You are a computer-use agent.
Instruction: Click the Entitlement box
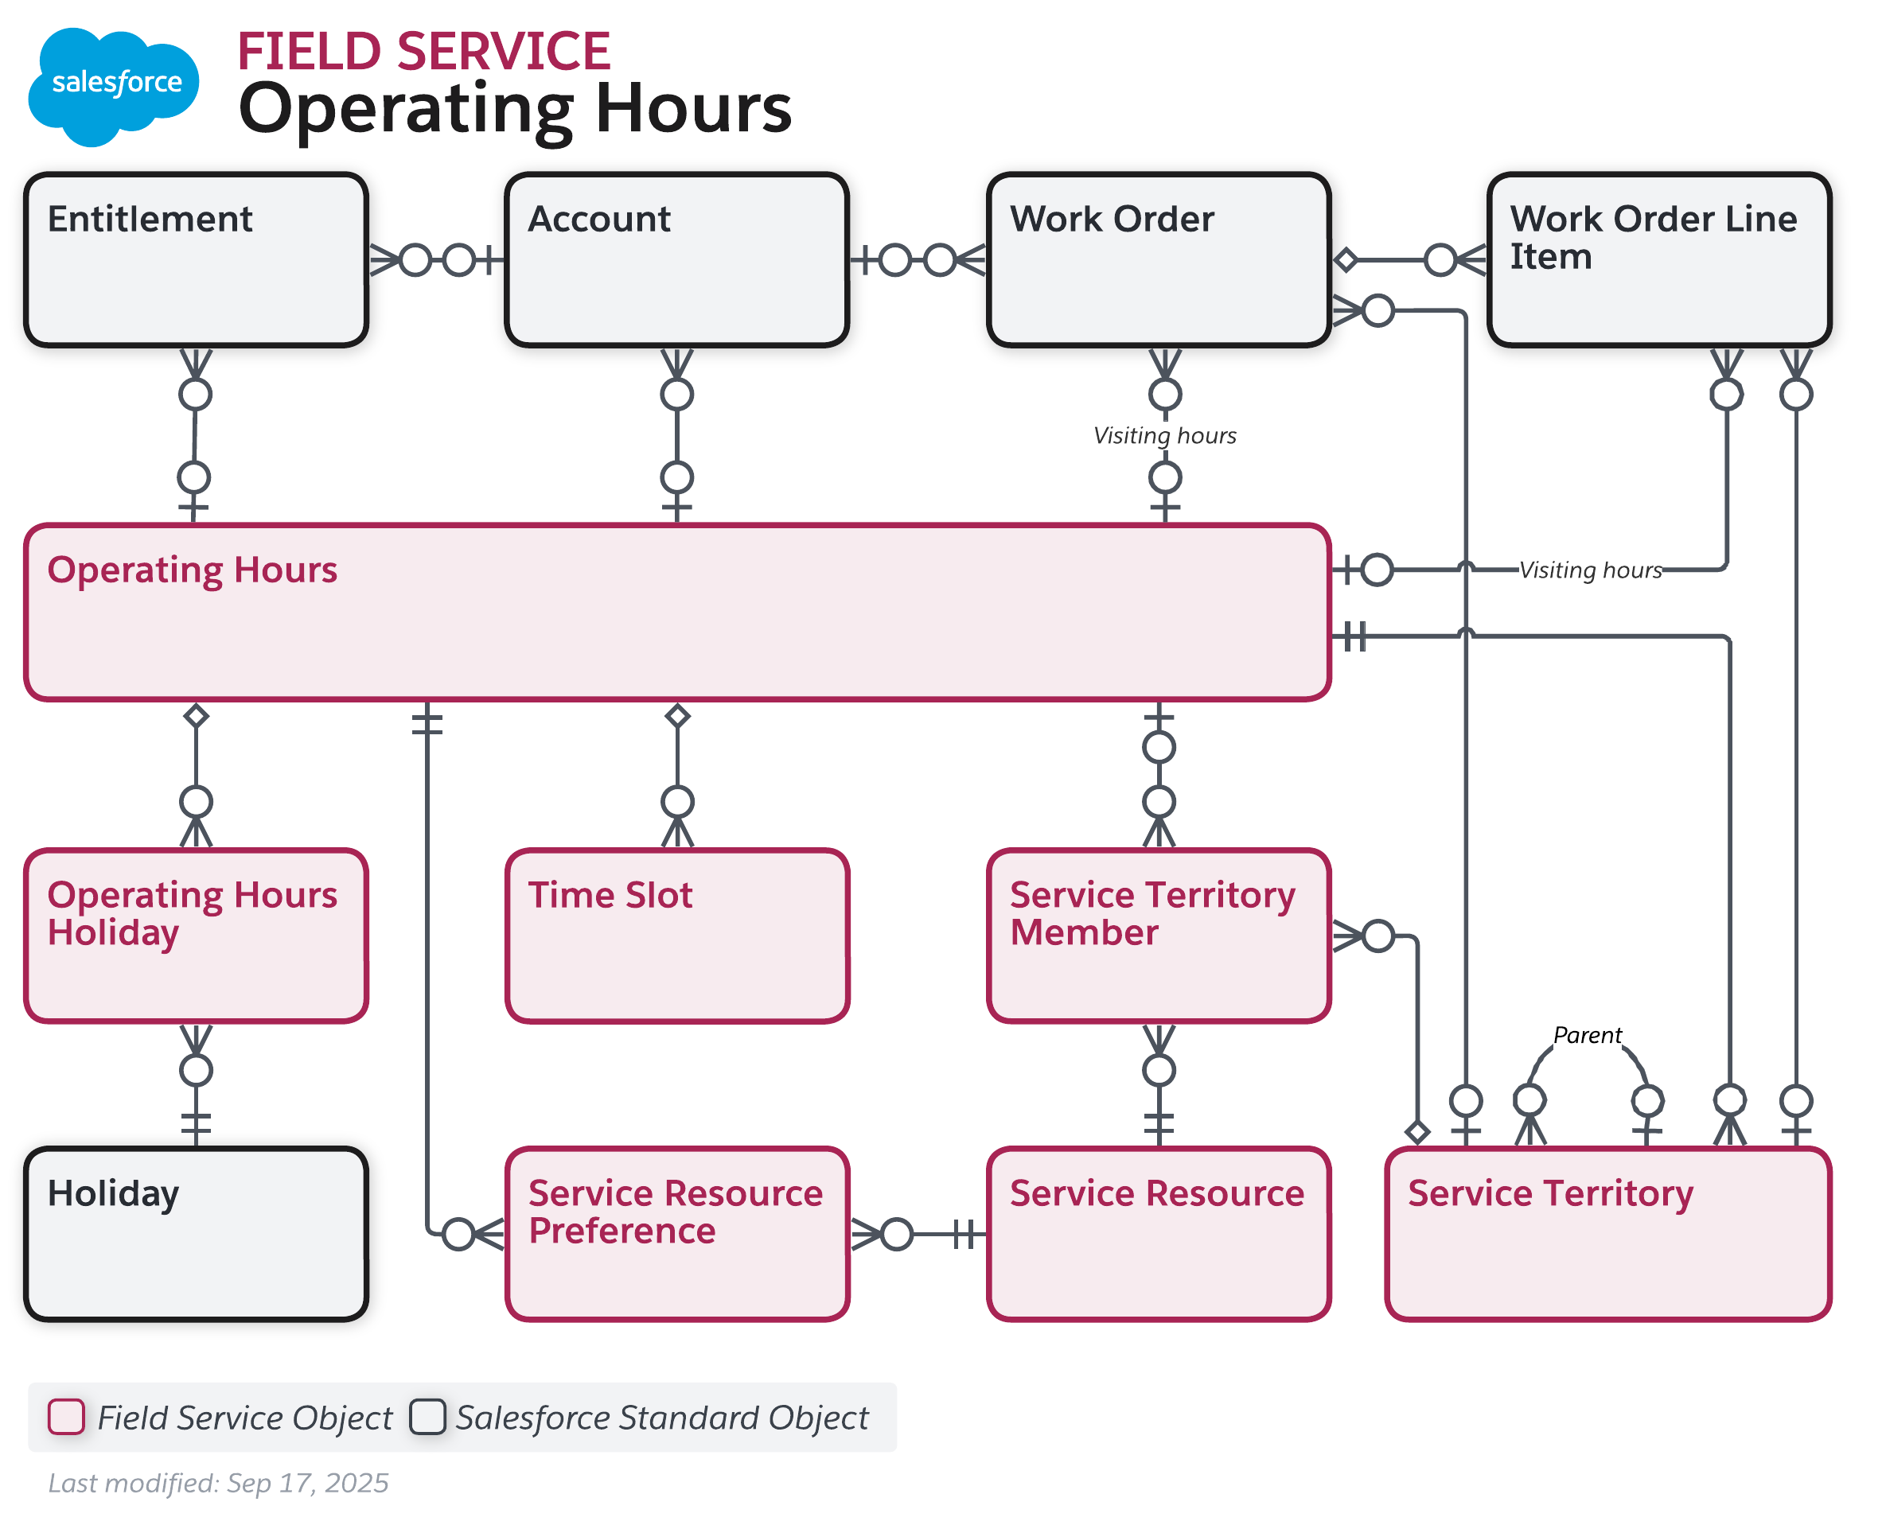click(196, 260)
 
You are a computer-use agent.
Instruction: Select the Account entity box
click(676, 260)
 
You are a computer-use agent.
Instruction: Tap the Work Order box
click(1158, 260)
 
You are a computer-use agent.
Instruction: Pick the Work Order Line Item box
click(1658, 260)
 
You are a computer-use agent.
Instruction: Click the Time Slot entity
click(676, 936)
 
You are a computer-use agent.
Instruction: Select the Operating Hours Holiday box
click(196, 936)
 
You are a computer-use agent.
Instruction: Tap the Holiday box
click(196, 1233)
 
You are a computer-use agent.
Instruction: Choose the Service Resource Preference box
click(676, 1233)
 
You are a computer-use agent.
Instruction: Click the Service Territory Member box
click(1158, 936)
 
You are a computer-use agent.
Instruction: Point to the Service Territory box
click(1607, 1233)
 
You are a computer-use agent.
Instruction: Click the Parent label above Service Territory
click(1586, 1035)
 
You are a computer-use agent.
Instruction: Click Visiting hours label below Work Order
click(1163, 435)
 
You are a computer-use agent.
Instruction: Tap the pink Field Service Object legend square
click(66, 1416)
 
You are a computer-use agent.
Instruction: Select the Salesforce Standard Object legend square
click(427, 1416)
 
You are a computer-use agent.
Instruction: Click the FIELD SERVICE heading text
click(423, 51)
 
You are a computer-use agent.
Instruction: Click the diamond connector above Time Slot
click(676, 715)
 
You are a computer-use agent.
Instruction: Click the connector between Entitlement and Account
click(437, 260)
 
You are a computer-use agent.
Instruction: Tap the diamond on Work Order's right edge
click(1344, 260)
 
